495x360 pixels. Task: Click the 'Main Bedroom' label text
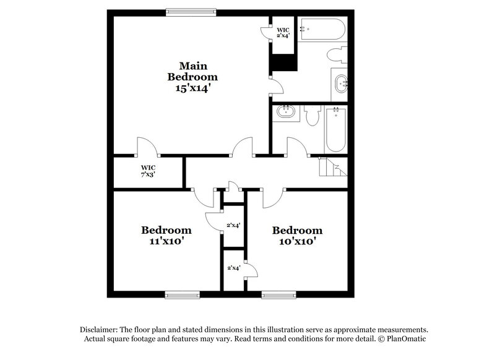(192, 71)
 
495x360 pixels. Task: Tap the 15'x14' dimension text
(192, 88)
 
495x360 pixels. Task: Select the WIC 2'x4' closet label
(283, 32)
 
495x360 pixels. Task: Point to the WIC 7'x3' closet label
(148, 171)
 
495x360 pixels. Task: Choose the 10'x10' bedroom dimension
(297, 242)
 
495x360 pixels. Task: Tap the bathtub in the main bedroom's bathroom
(322, 29)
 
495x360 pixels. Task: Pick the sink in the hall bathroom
(285, 113)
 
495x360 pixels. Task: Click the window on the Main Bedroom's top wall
(191, 11)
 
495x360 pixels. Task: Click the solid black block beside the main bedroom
(284, 62)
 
